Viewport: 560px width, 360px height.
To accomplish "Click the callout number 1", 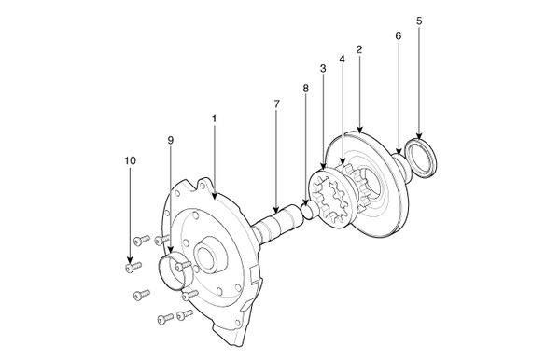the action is click(x=215, y=118).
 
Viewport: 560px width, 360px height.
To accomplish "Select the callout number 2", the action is click(x=359, y=49).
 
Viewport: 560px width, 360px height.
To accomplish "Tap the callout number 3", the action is click(x=323, y=68).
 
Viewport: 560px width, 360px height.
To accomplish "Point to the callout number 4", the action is click(x=343, y=59).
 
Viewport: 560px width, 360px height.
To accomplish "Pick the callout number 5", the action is click(x=419, y=21).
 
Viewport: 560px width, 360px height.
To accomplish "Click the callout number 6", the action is click(x=399, y=35).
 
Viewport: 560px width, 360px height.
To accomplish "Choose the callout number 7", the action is click(x=277, y=104).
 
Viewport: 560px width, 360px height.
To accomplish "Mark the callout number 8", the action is click(x=306, y=88).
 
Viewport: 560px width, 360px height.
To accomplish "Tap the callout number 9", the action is click(x=171, y=140).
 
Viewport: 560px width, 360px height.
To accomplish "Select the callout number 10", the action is click(x=130, y=160).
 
